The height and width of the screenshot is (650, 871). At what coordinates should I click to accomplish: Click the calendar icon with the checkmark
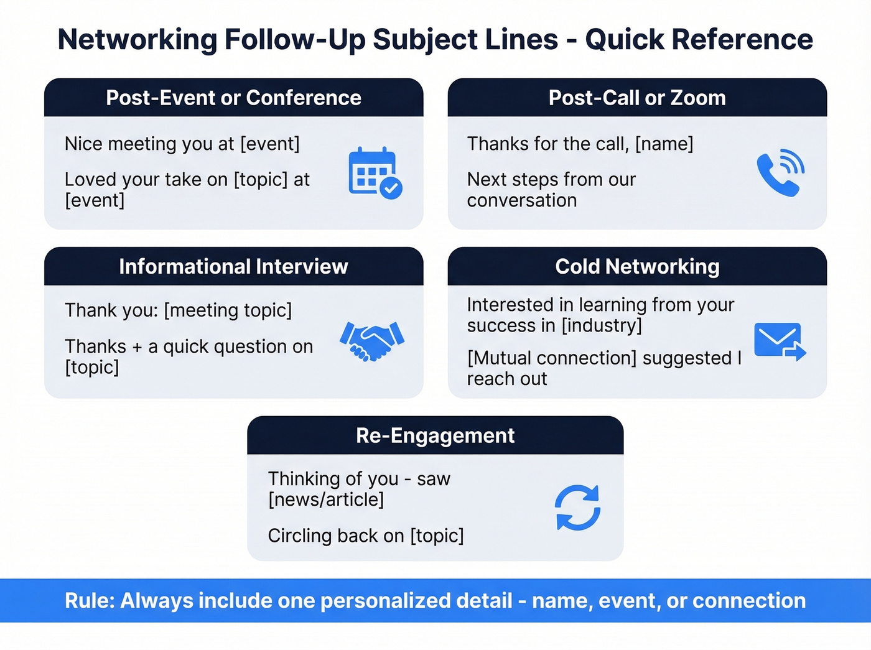(x=375, y=172)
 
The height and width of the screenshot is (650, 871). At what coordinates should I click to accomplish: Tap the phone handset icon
(x=780, y=173)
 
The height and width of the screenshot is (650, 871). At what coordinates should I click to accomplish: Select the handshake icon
(x=372, y=341)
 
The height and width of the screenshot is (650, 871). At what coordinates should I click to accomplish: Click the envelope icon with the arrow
(x=780, y=341)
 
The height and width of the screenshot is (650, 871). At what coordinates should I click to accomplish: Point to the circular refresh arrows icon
(x=577, y=508)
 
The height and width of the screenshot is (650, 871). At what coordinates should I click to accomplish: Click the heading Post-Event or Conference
(x=233, y=98)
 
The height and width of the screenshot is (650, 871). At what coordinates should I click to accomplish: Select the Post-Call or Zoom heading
(x=637, y=98)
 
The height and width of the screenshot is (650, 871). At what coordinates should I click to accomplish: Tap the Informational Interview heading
(x=233, y=266)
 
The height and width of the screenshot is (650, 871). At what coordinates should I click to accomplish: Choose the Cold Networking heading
(x=637, y=266)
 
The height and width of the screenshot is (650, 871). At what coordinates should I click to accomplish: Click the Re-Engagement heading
(x=435, y=435)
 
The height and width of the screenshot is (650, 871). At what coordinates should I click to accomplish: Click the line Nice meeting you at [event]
(x=182, y=144)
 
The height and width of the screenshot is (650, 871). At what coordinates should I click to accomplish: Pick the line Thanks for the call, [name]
(x=580, y=144)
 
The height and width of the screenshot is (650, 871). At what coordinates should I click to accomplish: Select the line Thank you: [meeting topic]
(x=178, y=310)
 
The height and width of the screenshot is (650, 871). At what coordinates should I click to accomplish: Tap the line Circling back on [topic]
(x=366, y=536)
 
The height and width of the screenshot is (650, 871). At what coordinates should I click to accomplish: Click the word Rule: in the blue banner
(x=90, y=601)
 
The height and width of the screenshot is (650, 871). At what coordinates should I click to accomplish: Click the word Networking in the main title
(x=137, y=39)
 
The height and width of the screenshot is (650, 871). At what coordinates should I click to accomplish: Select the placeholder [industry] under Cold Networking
(x=602, y=325)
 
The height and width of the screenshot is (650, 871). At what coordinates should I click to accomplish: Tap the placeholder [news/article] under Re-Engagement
(x=326, y=499)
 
